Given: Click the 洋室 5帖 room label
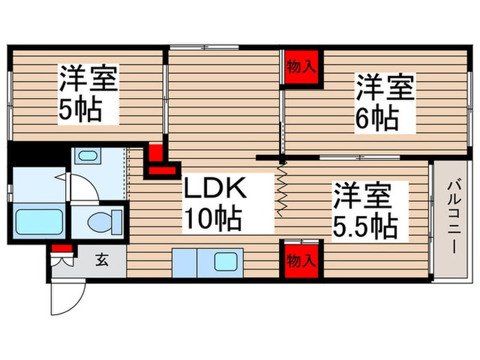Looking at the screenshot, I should (x=87, y=94).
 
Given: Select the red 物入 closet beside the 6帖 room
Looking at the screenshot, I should (x=302, y=68).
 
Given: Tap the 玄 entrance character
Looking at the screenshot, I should (x=101, y=260).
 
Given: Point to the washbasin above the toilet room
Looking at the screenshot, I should (x=87, y=156).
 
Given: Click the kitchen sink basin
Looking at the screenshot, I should (x=225, y=261).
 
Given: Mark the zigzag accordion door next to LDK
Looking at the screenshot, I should (x=280, y=190).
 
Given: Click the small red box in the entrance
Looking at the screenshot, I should (x=62, y=248).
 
